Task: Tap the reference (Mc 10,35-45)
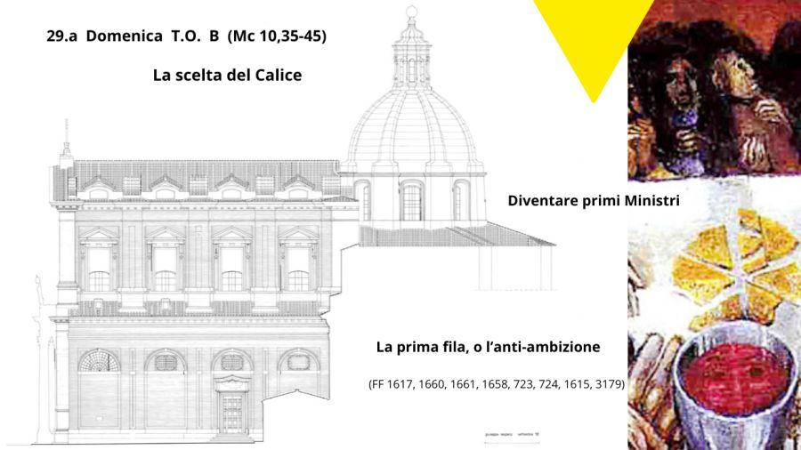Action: coord(277,36)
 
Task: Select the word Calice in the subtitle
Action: coord(279,75)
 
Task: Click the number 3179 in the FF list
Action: coord(609,384)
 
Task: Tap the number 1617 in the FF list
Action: coord(400,384)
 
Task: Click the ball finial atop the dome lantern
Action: coord(411,12)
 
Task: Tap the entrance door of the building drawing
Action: coord(231,414)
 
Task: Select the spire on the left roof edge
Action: coord(66,143)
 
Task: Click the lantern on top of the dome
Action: coord(412,56)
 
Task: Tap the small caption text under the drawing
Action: coord(512,435)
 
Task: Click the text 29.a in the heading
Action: coord(61,36)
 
